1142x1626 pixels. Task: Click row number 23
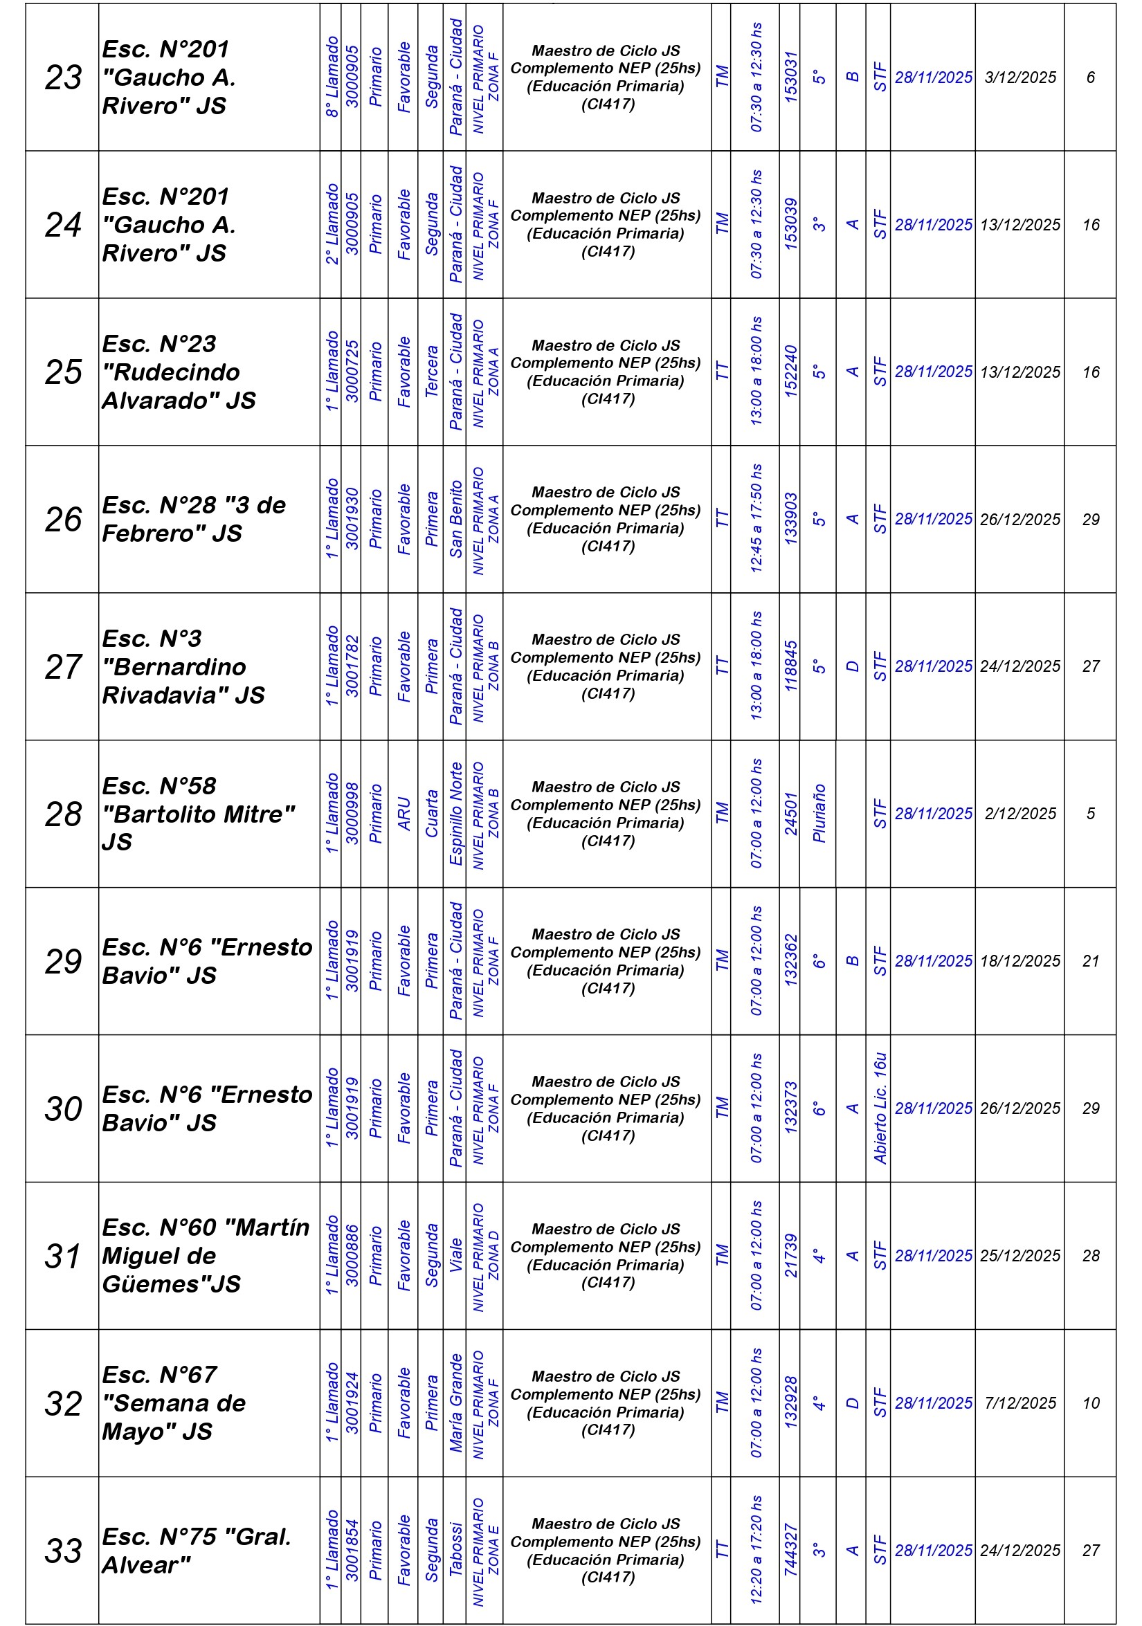63,77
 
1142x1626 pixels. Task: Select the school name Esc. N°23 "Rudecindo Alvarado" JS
179,372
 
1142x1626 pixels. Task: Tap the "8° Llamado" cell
332,77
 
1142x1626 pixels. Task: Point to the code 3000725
352,372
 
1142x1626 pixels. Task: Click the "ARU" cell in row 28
404,814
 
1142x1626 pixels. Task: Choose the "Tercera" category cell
431,372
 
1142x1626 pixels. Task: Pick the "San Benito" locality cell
455,519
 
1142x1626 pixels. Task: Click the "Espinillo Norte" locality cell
455,814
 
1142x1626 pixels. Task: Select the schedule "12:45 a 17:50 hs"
756,519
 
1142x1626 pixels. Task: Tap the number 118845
790,666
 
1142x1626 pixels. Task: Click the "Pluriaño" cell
819,814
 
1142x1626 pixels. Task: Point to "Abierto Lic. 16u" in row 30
879,1108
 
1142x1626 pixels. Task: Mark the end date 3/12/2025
1019,77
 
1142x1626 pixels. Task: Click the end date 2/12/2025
1019,814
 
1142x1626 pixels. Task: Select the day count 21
1090,961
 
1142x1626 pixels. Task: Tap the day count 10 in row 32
1090,1403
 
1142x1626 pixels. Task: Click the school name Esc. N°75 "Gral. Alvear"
197,1550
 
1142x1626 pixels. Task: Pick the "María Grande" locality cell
455,1403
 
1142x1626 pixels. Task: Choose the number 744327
790,1550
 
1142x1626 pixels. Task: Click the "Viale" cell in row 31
455,1256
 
